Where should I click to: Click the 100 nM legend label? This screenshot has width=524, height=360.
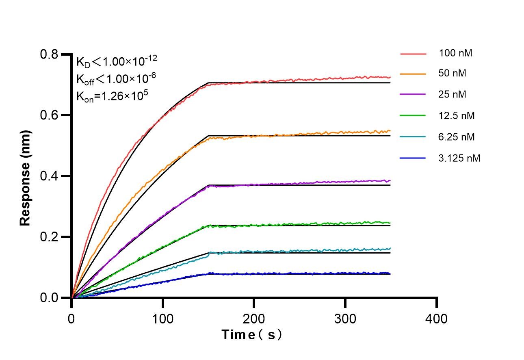pos(455,53)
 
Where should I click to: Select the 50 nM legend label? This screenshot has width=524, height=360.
pos(453,74)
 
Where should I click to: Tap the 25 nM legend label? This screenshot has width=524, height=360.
pos(453,95)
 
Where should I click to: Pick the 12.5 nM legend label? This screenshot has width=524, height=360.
pos(457,116)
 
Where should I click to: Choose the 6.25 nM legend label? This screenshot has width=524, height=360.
pos(457,137)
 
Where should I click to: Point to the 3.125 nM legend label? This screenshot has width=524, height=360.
pos(459,158)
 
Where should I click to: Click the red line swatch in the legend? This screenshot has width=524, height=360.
pos(413,54)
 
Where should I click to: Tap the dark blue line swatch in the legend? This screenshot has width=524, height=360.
pos(413,158)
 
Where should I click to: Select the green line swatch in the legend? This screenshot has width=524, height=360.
pos(413,116)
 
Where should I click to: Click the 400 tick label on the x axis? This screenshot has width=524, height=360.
pos(436,318)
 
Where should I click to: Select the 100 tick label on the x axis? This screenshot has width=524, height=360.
pos(162,318)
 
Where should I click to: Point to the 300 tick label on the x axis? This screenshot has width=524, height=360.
pos(345,318)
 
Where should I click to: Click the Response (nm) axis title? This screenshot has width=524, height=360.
pos(25,178)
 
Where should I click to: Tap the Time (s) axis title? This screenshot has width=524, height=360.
pos(252,335)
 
